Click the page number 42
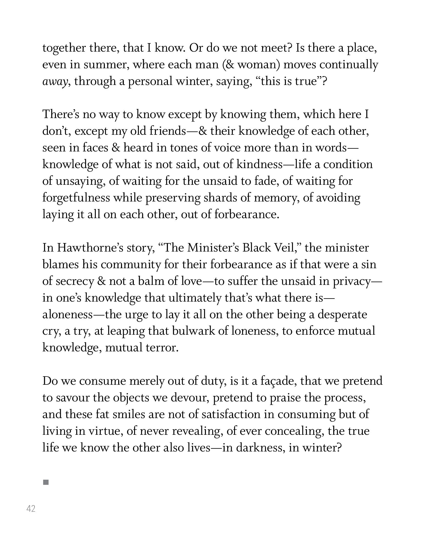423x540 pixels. pyautogui.click(x=31, y=508)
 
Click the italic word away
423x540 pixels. pyautogui.click(x=55, y=82)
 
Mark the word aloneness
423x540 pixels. pyautogui.click(x=67, y=315)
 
